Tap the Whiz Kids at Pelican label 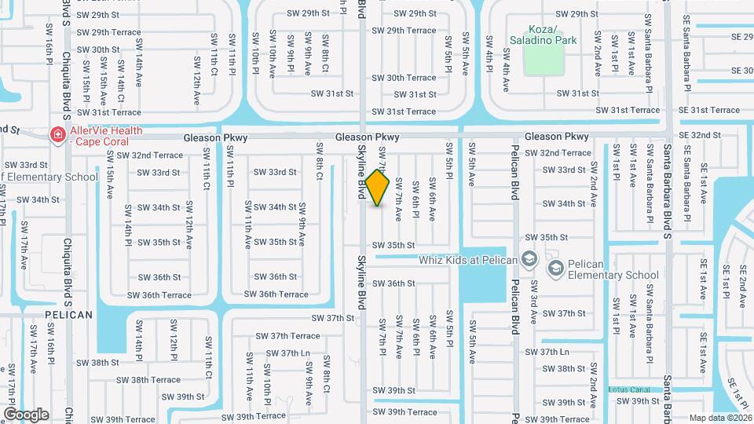(x=468, y=260)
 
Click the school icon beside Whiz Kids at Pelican (x=529, y=259)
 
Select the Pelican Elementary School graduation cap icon (x=555, y=269)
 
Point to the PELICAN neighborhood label (x=68, y=315)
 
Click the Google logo (x=26, y=414)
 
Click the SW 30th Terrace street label (x=404, y=78)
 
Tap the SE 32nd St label (x=701, y=135)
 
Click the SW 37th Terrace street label (x=288, y=335)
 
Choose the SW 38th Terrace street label (x=156, y=380)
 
